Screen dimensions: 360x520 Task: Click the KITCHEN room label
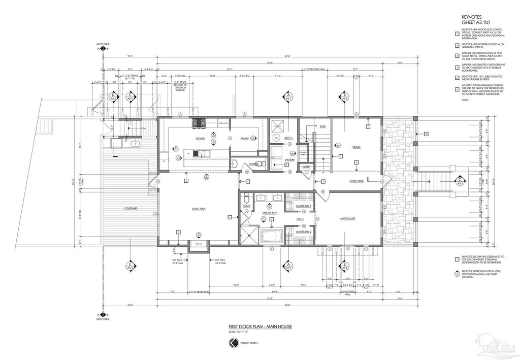[x=200, y=139]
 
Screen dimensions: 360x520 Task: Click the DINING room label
[x=356, y=147]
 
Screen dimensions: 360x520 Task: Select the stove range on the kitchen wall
[x=197, y=123]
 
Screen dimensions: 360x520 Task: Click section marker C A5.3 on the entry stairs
[x=459, y=180]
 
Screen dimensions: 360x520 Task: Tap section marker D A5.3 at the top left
[x=113, y=96]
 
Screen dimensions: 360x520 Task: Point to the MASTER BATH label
[x=269, y=213]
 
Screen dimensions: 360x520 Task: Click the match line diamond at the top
[x=103, y=49]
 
